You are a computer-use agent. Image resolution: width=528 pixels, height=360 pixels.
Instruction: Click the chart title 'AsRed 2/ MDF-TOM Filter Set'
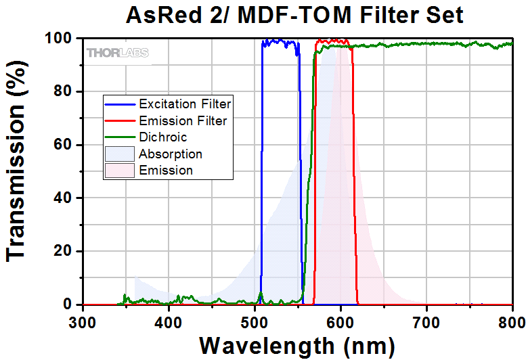coord(295,15)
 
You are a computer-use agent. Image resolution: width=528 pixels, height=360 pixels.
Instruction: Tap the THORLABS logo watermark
coord(117,52)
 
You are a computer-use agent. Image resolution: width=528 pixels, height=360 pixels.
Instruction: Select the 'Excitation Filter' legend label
coord(185,104)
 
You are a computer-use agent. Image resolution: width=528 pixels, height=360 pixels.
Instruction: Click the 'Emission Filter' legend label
coord(183,121)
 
